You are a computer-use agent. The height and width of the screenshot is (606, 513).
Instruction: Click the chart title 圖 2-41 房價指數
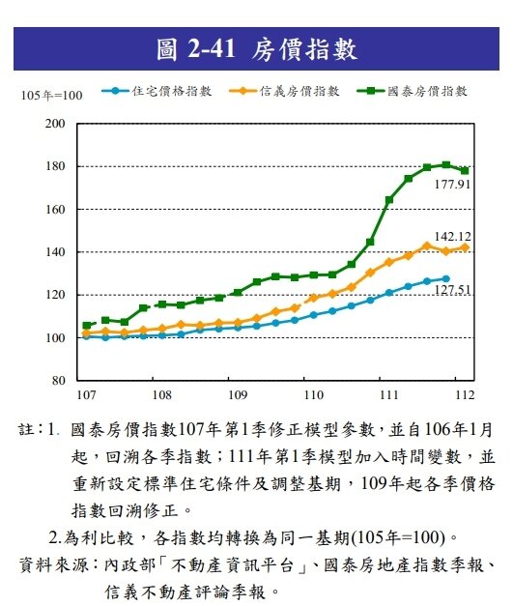(x=256, y=48)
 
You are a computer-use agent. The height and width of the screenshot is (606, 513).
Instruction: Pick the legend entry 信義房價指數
(x=299, y=92)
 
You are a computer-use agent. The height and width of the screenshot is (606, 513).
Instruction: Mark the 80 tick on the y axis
(x=59, y=381)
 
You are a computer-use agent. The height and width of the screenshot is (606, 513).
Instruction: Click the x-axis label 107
(x=85, y=395)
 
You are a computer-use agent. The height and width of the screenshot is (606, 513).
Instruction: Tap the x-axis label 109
(x=236, y=395)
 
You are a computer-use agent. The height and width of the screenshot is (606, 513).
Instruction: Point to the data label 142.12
(x=452, y=236)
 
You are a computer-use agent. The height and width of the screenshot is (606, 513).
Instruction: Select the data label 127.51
(x=452, y=289)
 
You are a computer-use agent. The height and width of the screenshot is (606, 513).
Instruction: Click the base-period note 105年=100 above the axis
(x=50, y=94)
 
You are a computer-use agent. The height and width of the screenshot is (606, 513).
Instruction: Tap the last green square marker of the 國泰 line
(x=465, y=170)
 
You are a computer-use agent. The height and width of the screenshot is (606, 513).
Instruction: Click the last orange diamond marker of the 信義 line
(x=465, y=247)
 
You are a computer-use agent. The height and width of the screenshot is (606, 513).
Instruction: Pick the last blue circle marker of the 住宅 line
(x=445, y=278)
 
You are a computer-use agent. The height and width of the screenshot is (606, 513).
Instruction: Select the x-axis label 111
(x=388, y=395)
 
